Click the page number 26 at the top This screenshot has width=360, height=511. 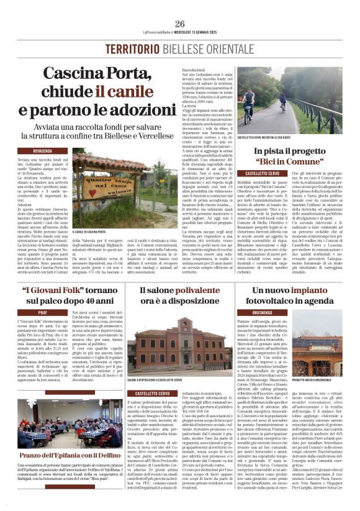point(179,24)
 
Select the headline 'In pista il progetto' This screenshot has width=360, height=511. point(289,151)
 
